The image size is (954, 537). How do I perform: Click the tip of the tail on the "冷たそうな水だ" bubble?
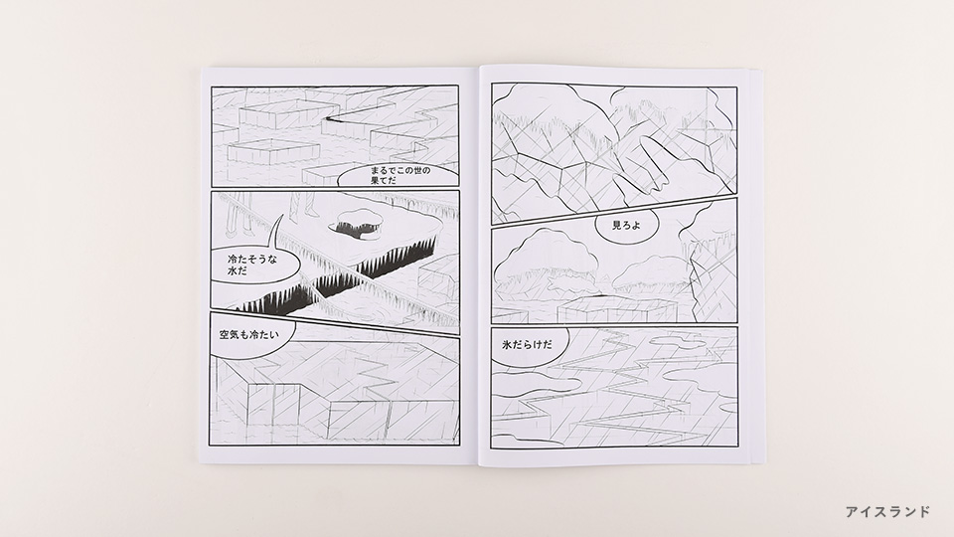click(x=283, y=215)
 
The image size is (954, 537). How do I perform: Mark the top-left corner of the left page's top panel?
click(x=212, y=87)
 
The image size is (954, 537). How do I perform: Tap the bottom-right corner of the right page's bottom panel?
click(x=737, y=448)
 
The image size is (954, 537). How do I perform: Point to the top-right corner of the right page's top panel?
click(x=736, y=88)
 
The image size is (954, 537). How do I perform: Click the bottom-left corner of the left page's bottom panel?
click(x=210, y=446)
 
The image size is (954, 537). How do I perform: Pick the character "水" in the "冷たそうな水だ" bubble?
click(x=232, y=271)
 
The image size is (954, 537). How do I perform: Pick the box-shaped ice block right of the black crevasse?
click(x=439, y=278)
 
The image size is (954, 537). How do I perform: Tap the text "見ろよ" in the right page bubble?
click(x=626, y=226)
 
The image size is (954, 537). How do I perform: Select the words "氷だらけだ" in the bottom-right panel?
click(x=528, y=345)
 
